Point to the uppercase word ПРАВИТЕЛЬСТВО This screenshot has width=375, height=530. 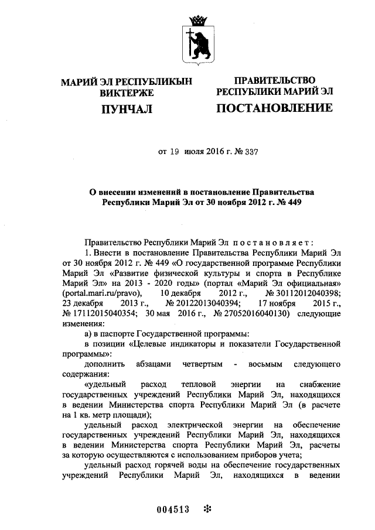[x=275, y=80]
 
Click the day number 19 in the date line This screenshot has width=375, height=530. [x=173, y=152]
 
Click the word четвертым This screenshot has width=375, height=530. [x=202, y=364]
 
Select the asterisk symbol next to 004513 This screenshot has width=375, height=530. [x=206, y=509]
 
